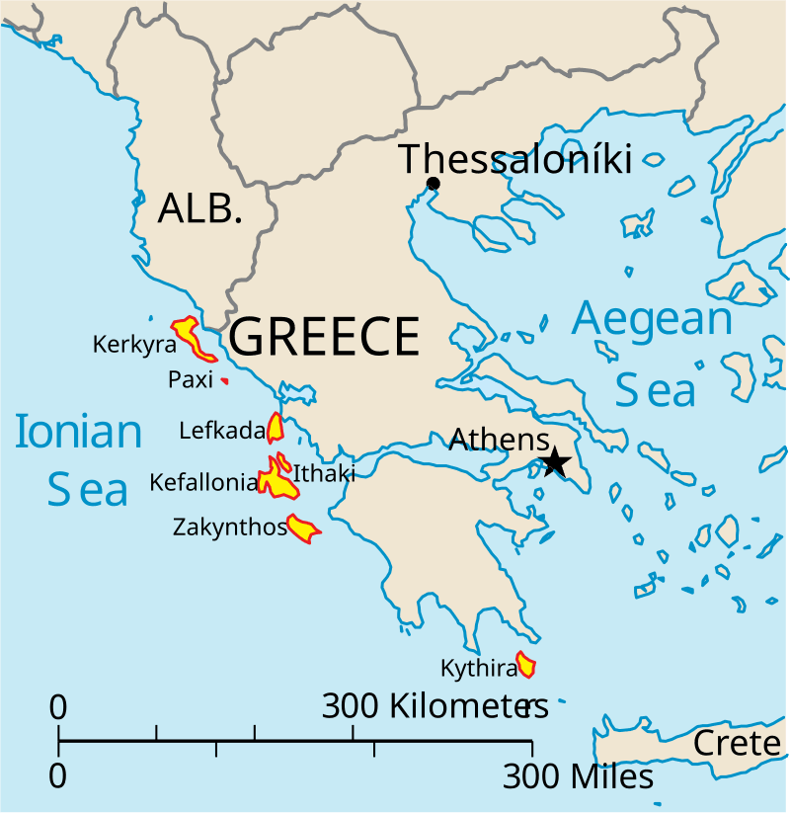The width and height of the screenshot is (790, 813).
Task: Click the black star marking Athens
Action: click(555, 461)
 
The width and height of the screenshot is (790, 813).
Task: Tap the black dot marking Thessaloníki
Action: click(433, 184)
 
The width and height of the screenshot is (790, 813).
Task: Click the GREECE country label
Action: click(325, 337)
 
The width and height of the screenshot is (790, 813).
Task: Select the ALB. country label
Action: click(200, 208)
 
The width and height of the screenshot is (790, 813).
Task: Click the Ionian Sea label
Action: click(79, 460)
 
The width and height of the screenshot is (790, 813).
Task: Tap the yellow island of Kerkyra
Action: click(191, 337)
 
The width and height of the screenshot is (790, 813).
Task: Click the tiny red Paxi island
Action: click(225, 380)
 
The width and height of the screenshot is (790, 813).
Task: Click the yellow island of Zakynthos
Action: click(301, 530)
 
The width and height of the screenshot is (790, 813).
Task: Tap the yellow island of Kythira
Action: click(526, 666)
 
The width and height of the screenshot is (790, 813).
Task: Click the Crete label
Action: click(737, 743)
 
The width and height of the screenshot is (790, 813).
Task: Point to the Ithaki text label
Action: click(324, 473)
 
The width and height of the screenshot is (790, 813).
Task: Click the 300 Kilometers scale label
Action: click(435, 706)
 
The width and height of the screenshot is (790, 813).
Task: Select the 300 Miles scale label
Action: click(578, 777)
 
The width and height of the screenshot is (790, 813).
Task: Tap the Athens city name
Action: click(500, 440)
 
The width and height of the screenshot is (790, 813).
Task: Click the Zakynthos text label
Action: click(229, 527)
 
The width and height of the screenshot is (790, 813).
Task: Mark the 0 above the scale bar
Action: click(58, 707)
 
